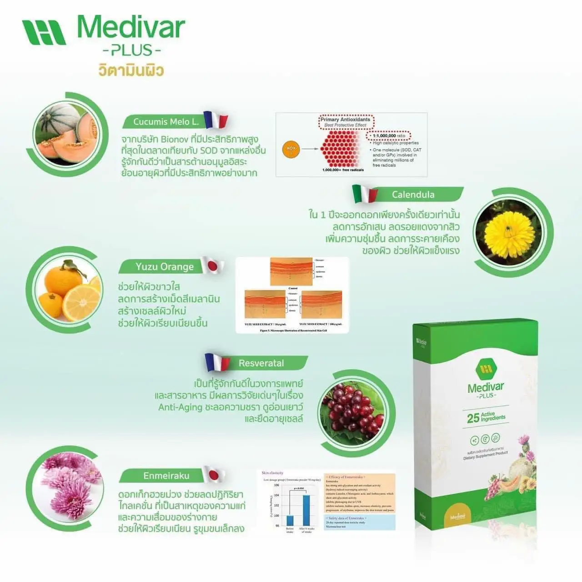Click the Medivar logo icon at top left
(x=44, y=32)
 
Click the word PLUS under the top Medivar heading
(x=131, y=50)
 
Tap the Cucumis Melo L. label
(x=166, y=122)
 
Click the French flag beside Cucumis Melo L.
(x=215, y=120)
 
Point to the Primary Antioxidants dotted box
(x=346, y=122)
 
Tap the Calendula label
(x=413, y=195)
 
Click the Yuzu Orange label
(x=165, y=267)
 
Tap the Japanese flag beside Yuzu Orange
(x=212, y=265)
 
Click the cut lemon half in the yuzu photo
(x=82, y=302)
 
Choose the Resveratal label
(x=261, y=363)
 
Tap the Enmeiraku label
(x=166, y=476)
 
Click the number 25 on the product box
(x=473, y=418)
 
